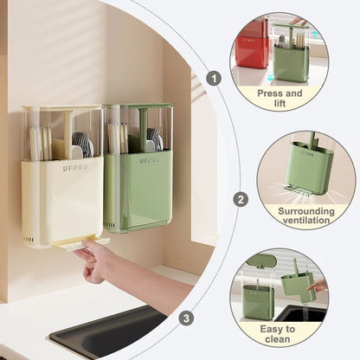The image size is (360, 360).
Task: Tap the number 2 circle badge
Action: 241,198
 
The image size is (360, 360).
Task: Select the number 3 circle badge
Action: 210,318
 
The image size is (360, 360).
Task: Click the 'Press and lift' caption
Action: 280,98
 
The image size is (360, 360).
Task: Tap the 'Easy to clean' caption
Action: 279,335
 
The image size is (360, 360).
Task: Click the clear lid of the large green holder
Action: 137,130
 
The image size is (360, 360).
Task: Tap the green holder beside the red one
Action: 292,57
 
